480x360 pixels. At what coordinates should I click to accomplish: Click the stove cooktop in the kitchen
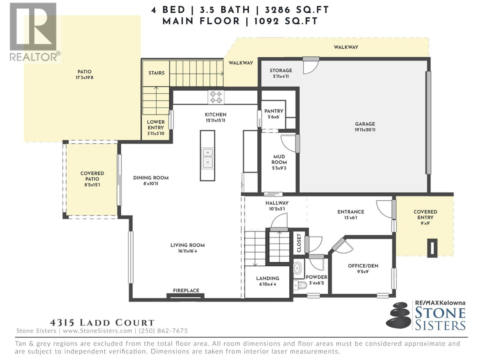click(x=216, y=97)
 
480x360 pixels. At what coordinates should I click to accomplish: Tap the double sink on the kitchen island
click(x=207, y=157)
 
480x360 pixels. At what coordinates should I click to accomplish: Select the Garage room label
click(x=365, y=124)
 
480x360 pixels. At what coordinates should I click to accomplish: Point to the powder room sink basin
click(x=297, y=268)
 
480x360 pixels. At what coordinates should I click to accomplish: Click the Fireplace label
click(x=186, y=290)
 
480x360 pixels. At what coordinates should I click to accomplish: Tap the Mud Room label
click(x=279, y=159)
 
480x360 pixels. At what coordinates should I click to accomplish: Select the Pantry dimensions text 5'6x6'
click(x=274, y=117)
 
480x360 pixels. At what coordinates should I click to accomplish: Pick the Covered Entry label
click(x=425, y=214)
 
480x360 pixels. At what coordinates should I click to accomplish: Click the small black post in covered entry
click(x=432, y=248)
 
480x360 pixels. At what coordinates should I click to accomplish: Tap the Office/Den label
click(x=363, y=266)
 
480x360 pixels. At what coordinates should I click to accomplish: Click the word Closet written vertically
click(x=299, y=243)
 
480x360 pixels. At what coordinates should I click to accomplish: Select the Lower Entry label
click(x=156, y=125)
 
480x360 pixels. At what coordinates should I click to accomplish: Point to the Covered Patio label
click(x=92, y=176)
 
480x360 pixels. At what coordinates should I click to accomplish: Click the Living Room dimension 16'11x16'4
click(x=187, y=251)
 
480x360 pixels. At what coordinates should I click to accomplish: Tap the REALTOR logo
click(x=34, y=31)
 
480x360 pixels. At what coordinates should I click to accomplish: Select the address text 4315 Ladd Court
click(x=102, y=323)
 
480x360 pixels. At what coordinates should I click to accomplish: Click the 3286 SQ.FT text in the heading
click(x=297, y=10)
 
